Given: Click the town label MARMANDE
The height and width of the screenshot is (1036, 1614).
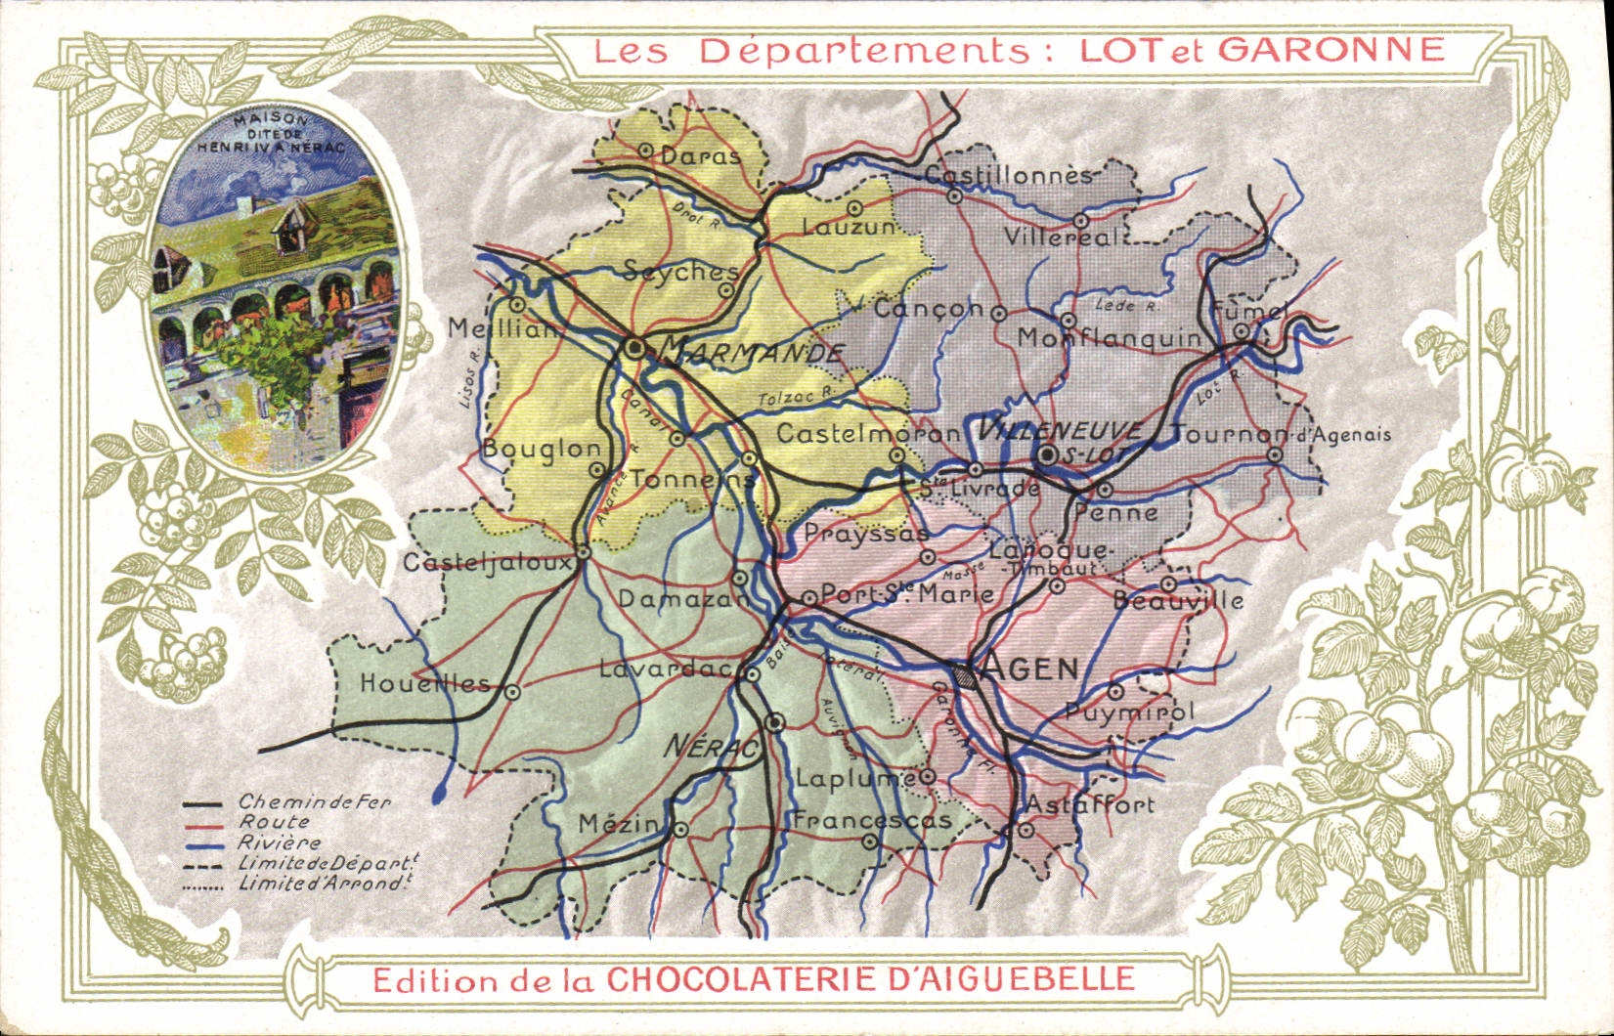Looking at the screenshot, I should [751, 352].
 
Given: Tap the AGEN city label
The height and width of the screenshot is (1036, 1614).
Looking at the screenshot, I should [1029, 669].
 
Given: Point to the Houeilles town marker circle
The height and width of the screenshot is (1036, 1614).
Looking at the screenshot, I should [511, 691].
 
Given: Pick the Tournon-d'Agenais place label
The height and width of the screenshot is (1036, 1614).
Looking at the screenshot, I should [1281, 434].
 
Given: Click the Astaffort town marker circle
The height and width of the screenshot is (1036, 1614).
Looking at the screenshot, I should [1025, 830].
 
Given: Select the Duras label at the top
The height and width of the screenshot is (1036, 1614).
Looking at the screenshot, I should [700, 155].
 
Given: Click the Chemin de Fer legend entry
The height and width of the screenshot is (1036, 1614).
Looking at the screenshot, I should [314, 802].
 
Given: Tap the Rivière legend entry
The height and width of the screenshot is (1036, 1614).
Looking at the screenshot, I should [280, 842].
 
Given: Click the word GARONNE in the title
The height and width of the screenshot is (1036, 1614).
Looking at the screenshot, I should [1330, 49].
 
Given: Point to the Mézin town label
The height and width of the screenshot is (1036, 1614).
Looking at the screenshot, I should [618, 824].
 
